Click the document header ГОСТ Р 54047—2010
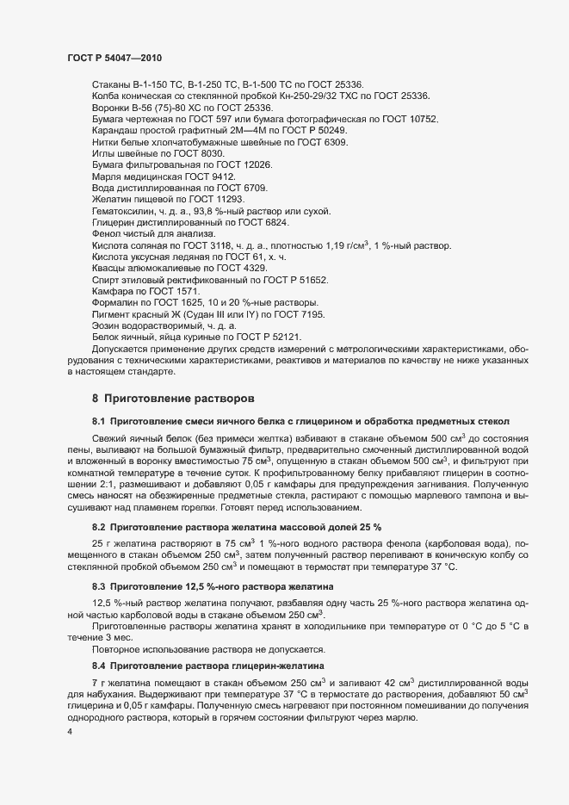tap(114, 58)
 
